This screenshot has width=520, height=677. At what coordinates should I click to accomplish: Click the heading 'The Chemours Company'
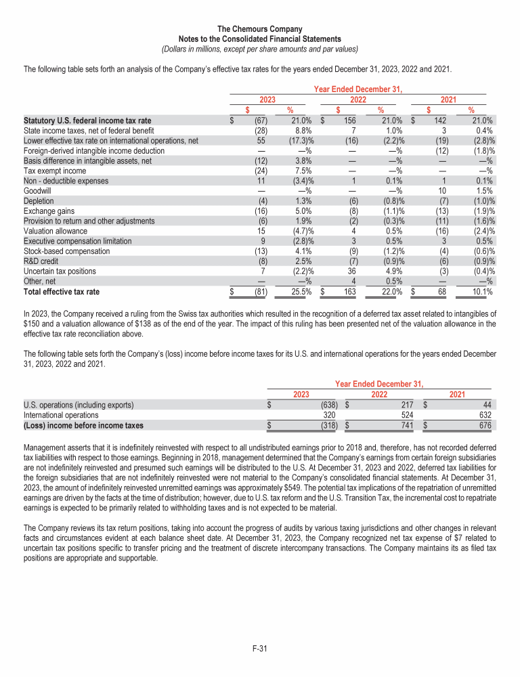(260, 29)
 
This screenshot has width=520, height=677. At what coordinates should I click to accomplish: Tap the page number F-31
(260, 649)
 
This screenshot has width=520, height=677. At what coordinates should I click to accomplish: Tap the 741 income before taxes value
(406, 425)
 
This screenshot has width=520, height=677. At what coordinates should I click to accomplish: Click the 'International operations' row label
(61, 415)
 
